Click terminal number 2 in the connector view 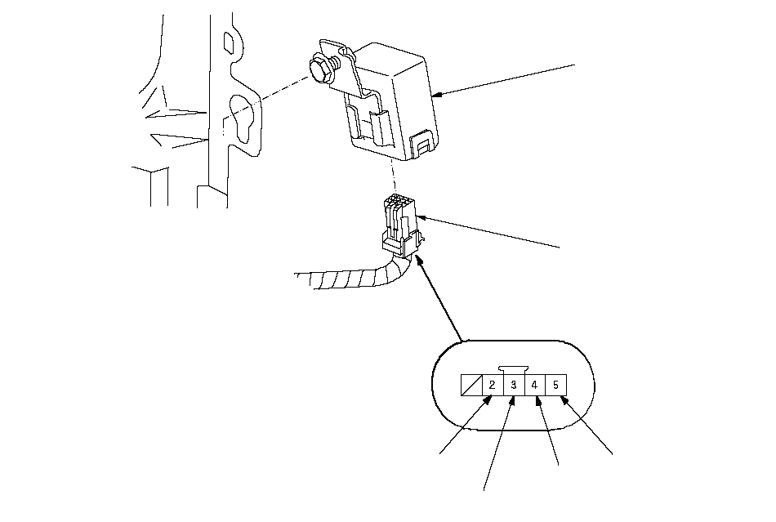point(493,385)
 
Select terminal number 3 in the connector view point(514,385)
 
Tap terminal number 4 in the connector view point(535,385)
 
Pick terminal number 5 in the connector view point(555,385)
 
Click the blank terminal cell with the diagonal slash point(471,385)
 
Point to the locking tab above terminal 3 point(514,369)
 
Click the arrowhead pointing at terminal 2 point(488,399)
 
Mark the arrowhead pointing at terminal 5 point(562,399)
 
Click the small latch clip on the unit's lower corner point(422,145)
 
